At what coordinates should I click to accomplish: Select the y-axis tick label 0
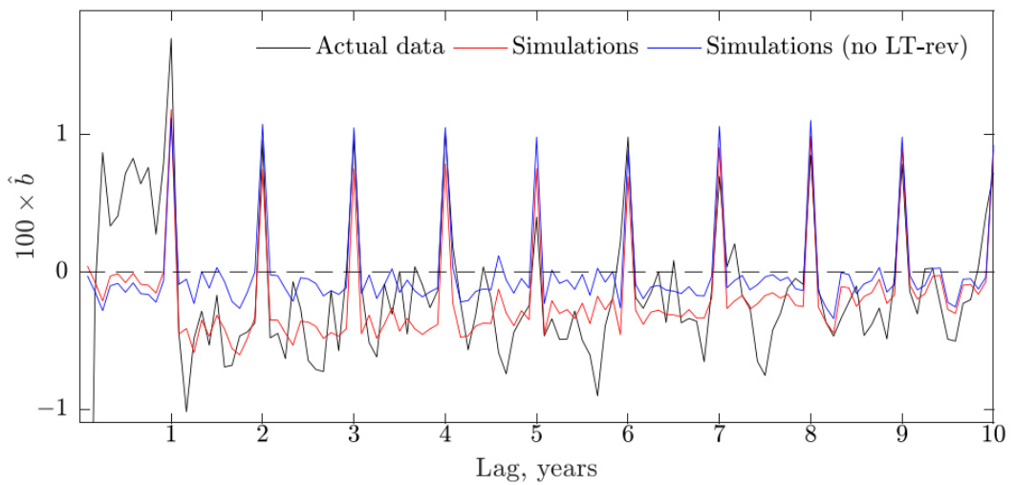pos(62,272)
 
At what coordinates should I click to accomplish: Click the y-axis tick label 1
pos(62,134)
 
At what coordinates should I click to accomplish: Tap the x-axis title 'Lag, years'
pos(536,469)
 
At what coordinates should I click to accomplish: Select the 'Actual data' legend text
pos(380,47)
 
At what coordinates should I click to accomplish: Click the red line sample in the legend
pos(482,47)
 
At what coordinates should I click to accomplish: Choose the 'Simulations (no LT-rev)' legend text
pos(836,47)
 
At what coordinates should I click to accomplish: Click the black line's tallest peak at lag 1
pos(171,39)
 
